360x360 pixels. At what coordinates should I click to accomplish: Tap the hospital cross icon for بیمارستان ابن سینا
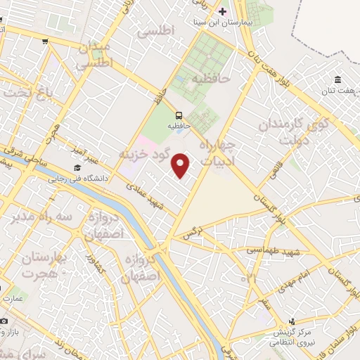[x=223, y=11]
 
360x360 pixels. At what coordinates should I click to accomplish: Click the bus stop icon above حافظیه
[x=179, y=115]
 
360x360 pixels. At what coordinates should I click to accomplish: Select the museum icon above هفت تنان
[x=338, y=78]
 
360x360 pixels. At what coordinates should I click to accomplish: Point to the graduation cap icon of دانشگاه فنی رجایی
[x=76, y=168]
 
